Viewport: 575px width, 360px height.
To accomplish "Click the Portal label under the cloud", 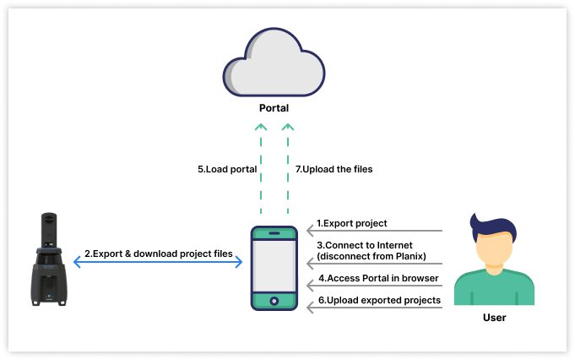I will tap(274, 109).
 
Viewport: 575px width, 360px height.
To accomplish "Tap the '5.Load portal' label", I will tap(227, 169).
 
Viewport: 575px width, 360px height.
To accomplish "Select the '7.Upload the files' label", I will tap(334, 169).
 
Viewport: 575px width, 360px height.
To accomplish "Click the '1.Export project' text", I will tap(351, 224).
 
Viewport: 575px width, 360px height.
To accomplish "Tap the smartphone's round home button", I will tap(274, 300).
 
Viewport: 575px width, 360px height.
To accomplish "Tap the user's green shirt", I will tap(494, 289).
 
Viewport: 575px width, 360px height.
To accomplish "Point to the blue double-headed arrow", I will tap(158, 264).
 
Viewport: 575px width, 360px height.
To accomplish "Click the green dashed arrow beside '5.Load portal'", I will tap(261, 169).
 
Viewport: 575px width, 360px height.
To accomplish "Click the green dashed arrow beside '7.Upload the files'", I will tap(287, 169).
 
